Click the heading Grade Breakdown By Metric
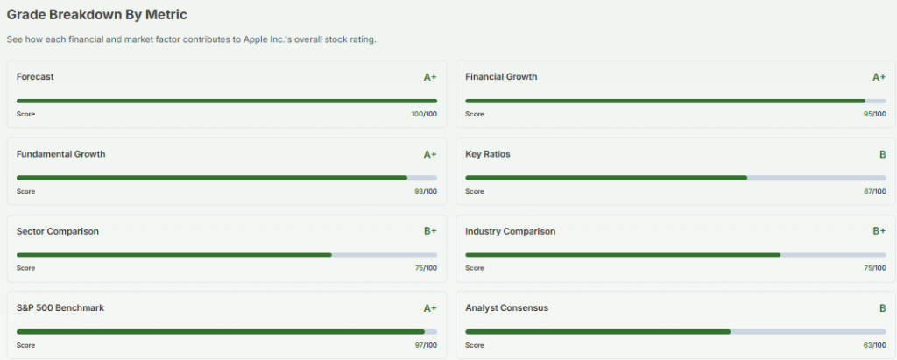tap(96, 16)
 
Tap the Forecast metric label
tap(35, 77)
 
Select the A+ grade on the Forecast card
tap(430, 77)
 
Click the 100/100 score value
tap(424, 114)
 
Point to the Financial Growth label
tap(501, 77)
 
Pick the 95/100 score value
tap(874, 114)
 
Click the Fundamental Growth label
tap(60, 154)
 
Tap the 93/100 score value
tap(426, 191)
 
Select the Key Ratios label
tap(488, 154)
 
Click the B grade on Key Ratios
tap(882, 154)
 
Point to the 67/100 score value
tap(874, 191)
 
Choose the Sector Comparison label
tap(58, 231)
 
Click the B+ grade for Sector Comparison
tap(430, 231)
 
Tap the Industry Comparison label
tap(510, 231)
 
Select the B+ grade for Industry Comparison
tap(879, 231)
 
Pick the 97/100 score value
tap(426, 345)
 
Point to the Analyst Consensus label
tap(506, 308)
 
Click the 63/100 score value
tap(874, 345)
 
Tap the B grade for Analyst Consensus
tap(882, 308)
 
